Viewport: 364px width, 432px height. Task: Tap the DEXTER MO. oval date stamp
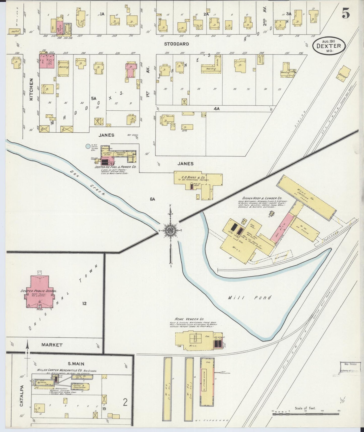coord(328,46)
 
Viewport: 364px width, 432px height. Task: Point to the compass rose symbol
coord(171,230)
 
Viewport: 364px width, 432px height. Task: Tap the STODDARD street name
coord(176,44)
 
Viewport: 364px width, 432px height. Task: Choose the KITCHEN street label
coord(31,89)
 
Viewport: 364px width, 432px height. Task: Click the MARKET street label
coord(52,345)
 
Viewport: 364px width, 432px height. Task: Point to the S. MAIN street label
coord(76,364)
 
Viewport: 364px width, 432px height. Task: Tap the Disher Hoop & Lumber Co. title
coord(262,198)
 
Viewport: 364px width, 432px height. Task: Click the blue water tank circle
coord(88,146)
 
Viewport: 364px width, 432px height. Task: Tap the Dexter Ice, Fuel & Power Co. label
coord(115,167)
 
